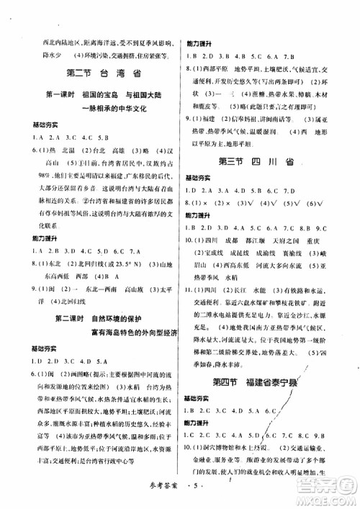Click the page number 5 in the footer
[x=194, y=497]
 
